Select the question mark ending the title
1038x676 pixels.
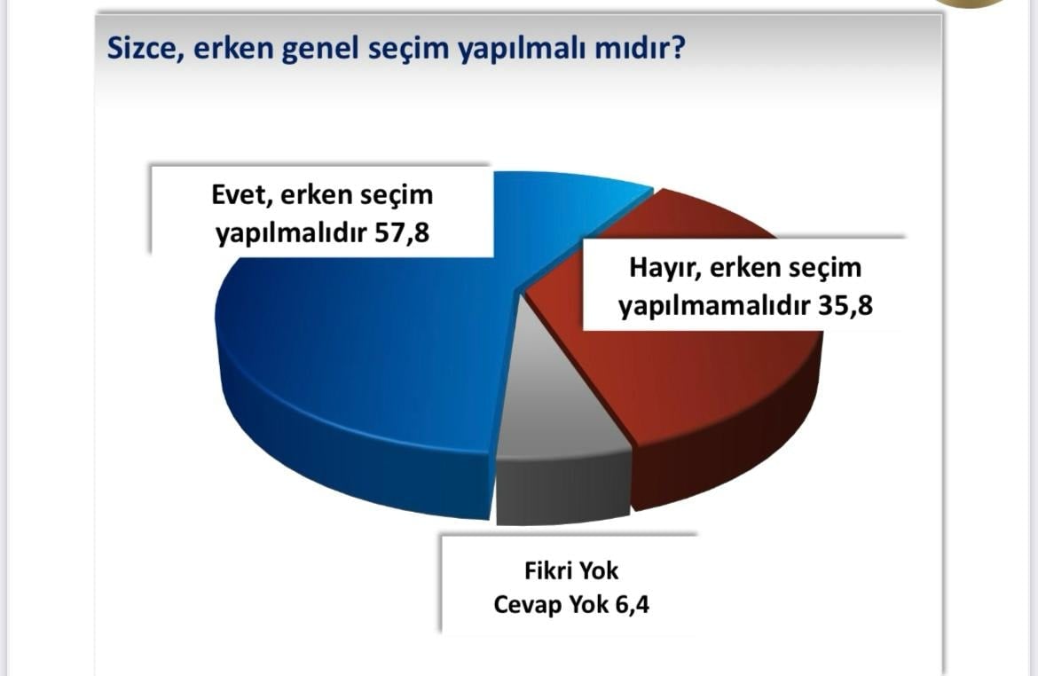point(677,48)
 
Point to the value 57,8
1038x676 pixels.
point(402,233)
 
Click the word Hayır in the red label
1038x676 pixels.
point(664,268)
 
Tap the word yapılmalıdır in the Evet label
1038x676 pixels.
point(291,233)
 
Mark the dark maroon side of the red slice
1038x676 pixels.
point(735,451)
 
